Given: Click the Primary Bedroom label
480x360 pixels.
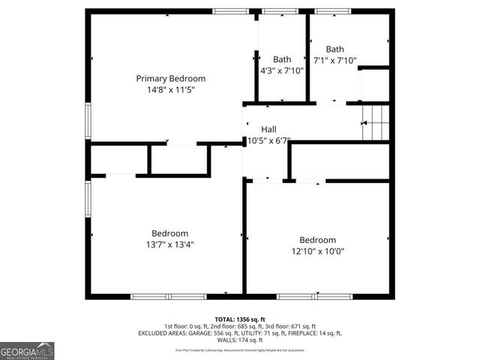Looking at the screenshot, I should (170, 79).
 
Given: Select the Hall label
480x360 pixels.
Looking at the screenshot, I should (268, 130).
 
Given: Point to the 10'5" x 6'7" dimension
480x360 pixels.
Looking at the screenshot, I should (268, 140).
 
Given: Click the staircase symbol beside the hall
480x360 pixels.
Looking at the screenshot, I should (376, 122).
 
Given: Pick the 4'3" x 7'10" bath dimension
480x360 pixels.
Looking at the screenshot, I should (282, 70).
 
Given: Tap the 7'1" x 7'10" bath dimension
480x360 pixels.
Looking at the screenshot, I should (334, 60).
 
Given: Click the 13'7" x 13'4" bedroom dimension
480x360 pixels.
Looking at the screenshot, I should (169, 244).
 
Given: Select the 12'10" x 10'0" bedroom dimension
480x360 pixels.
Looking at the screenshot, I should (318, 251).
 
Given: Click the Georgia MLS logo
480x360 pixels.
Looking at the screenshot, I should (27, 350).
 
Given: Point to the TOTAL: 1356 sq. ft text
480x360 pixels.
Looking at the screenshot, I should (240, 319).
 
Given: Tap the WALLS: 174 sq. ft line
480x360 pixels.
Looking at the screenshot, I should (240, 340).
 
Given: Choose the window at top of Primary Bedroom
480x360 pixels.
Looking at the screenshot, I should (232, 11).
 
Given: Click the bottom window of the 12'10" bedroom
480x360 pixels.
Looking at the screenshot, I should (314, 296).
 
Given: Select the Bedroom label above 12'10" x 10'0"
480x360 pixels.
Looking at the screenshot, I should (318, 241).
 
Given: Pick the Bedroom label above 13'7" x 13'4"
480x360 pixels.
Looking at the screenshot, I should (169, 233).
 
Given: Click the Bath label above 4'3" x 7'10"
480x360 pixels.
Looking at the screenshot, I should (282, 60).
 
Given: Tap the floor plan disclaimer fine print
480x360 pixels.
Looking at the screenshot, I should (240, 349).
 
